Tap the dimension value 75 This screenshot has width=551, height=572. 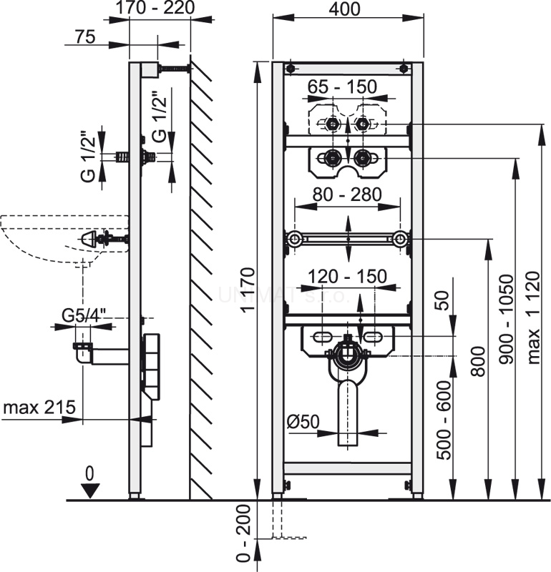pos(84,38)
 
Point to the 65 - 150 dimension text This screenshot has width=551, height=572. pos(342,87)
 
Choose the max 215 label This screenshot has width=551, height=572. pos(39,408)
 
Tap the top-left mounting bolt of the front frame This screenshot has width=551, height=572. pos(291,69)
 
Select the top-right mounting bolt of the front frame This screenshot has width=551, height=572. pos(404,69)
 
